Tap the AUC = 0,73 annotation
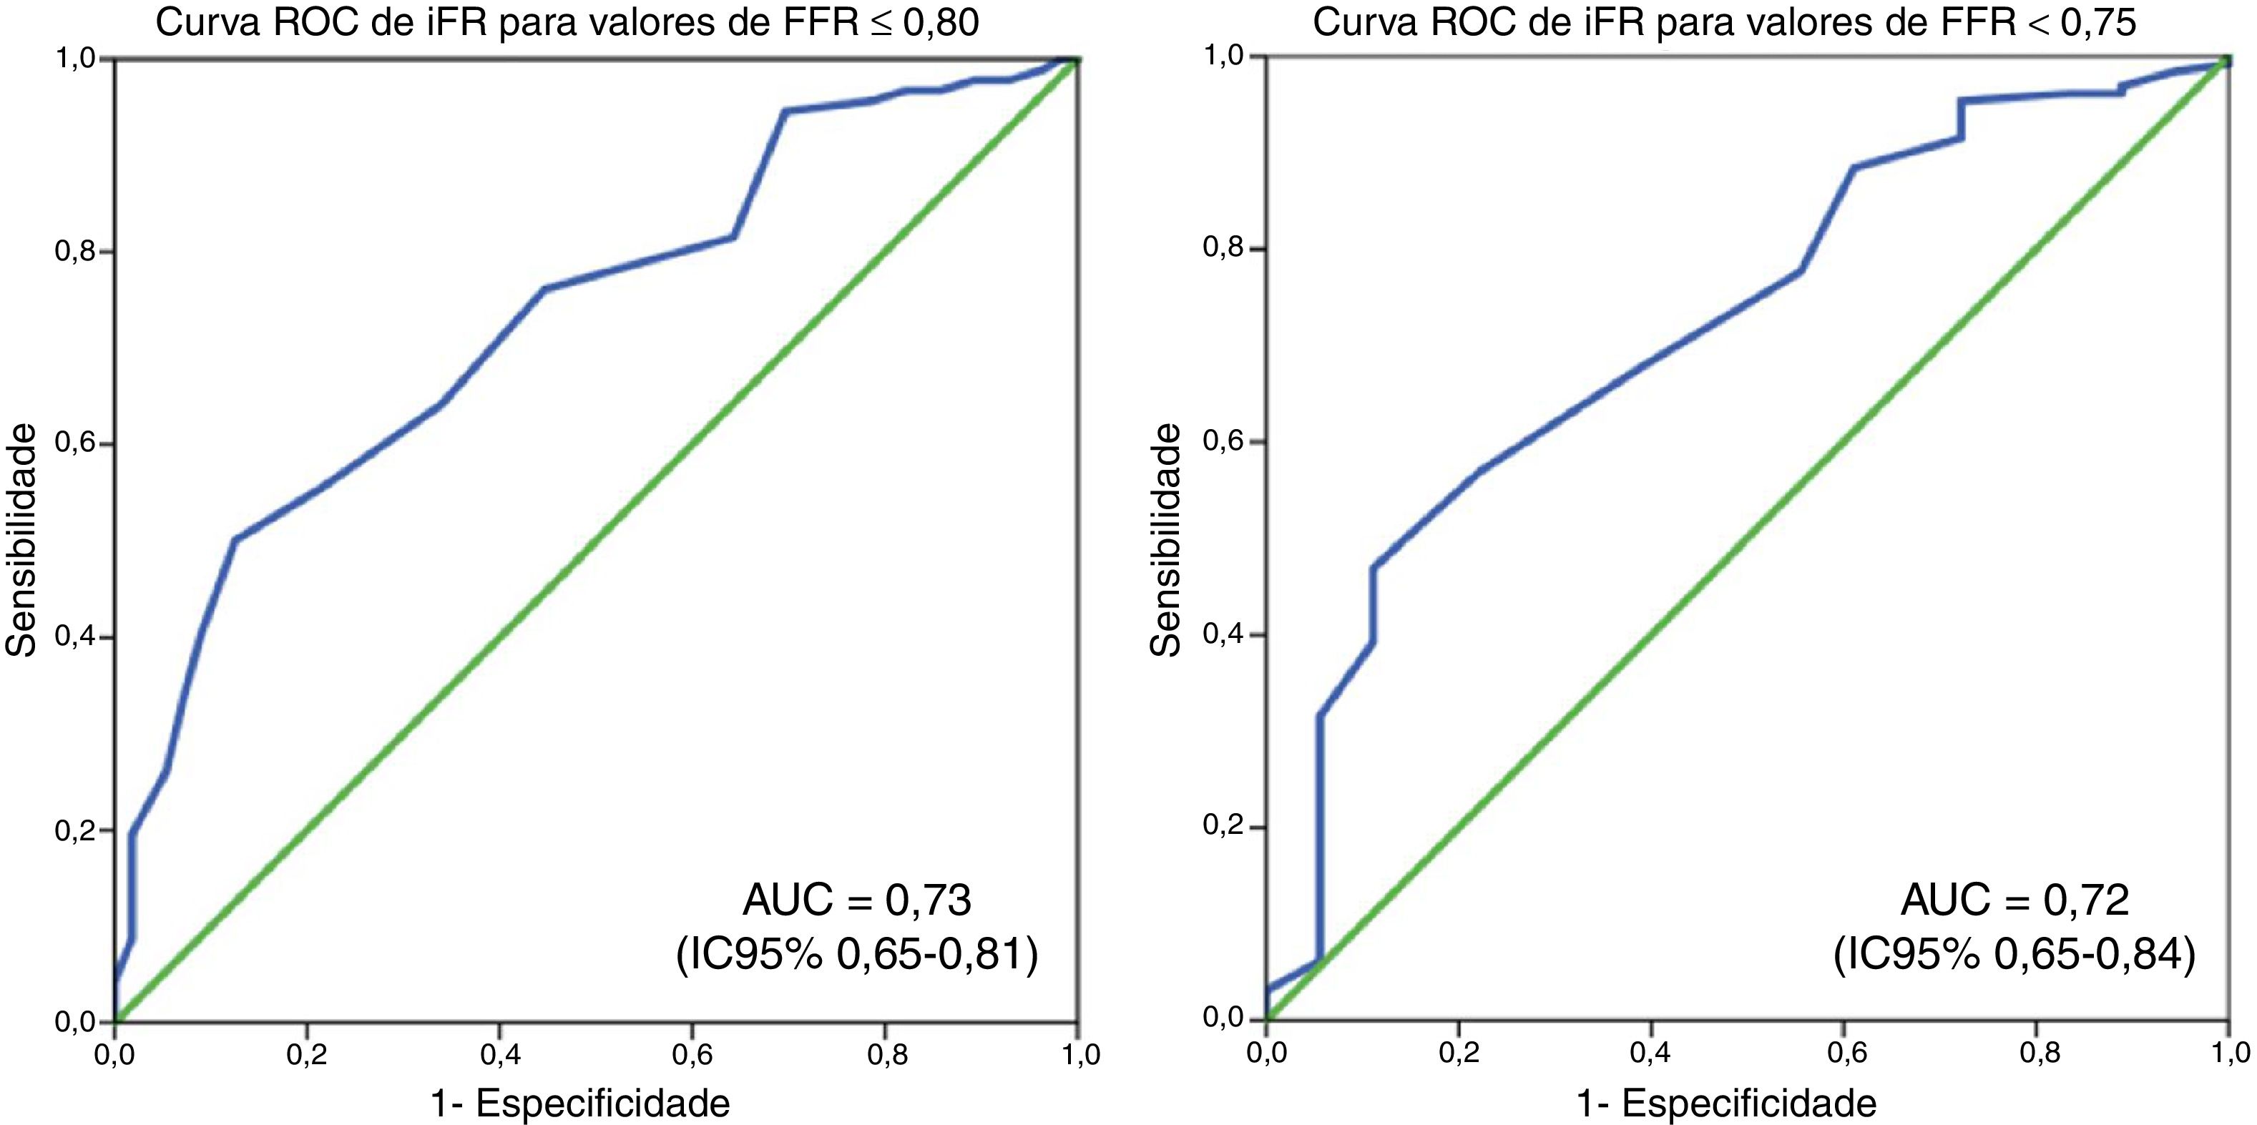point(857,900)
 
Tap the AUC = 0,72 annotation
point(2014,900)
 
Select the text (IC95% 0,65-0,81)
point(857,954)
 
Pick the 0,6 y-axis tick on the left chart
point(75,444)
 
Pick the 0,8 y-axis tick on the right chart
point(1224,249)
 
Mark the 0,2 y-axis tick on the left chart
point(75,830)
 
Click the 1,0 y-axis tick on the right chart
point(1224,56)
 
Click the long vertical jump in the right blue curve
point(1319,841)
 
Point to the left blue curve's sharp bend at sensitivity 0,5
point(235,539)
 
